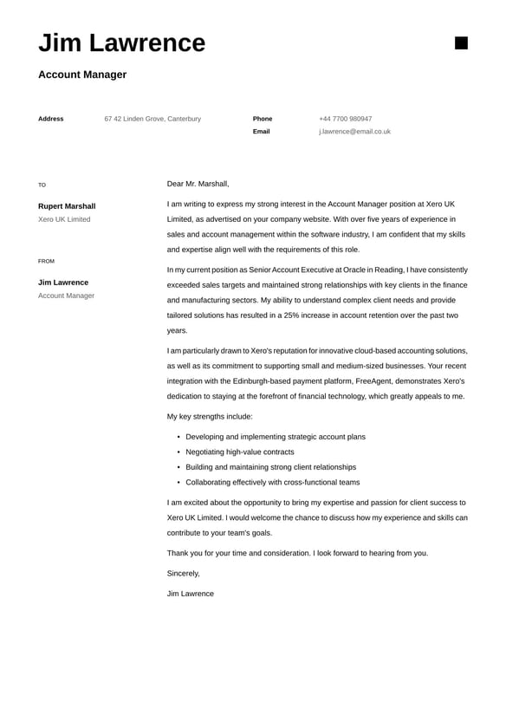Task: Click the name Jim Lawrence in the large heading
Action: (121, 42)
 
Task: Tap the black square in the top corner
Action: (461, 42)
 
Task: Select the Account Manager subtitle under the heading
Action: (82, 75)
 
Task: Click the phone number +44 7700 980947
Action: (345, 119)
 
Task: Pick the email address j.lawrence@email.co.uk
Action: (354, 132)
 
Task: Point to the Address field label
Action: (50, 119)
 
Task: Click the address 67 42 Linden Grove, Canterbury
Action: (152, 119)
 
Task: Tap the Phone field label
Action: (263, 119)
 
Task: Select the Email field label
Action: (261, 132)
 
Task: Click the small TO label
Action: (42, 185)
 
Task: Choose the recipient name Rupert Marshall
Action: (67, 206)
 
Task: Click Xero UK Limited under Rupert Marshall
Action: (64, 219)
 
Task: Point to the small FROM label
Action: (46, 261)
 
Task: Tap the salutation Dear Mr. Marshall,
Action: (198, 184)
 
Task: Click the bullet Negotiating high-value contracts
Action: (239, 452)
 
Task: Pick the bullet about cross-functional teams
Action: (272, 482)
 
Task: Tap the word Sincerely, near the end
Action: (183, 573)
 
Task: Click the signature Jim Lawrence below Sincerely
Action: (190, 594)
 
